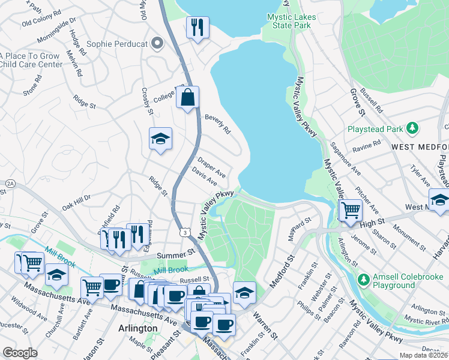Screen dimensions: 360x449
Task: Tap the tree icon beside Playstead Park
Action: point(412,128)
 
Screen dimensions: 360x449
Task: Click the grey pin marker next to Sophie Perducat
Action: point(158,43)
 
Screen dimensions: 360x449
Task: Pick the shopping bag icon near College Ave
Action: point(187,97)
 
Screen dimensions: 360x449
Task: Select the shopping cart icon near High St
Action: point(351,210)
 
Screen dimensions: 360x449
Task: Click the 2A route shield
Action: point(10,183)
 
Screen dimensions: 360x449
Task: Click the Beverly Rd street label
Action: point(217,124)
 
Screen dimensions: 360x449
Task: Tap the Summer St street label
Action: point(173,256)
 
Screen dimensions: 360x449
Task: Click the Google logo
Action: point(20,353)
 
